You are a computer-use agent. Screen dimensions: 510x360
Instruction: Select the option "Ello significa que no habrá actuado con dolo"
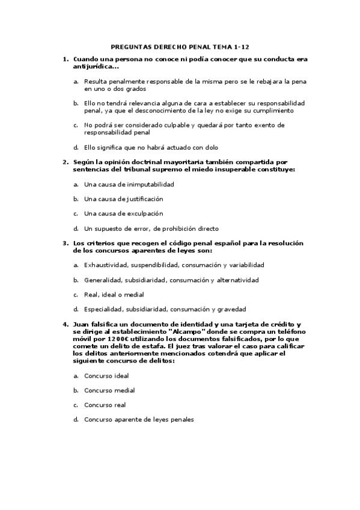[x=151, y=147]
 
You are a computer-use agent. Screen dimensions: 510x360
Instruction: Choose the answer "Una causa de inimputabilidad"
[x=129, y=184]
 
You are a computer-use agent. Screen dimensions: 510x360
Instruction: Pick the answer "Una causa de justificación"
[x=123, y=198]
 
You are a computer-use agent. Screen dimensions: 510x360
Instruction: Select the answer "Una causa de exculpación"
[x=123, y=214]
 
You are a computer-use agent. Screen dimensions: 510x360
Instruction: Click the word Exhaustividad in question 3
[x=105, y=265]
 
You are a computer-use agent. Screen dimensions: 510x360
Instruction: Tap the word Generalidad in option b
[x=103, y=280]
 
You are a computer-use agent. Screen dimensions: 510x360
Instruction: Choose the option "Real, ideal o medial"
[x=114, y=295]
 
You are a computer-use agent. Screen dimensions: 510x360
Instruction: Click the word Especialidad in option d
[x=103, y=309]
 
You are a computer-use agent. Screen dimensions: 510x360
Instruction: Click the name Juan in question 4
[x=82, y=324]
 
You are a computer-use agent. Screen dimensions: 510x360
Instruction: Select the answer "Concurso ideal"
[x=106, y=375]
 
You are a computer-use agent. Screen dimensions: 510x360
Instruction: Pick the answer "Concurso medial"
[x=109, y=390]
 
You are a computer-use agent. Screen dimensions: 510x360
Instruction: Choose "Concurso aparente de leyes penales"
[x=139, y=420]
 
